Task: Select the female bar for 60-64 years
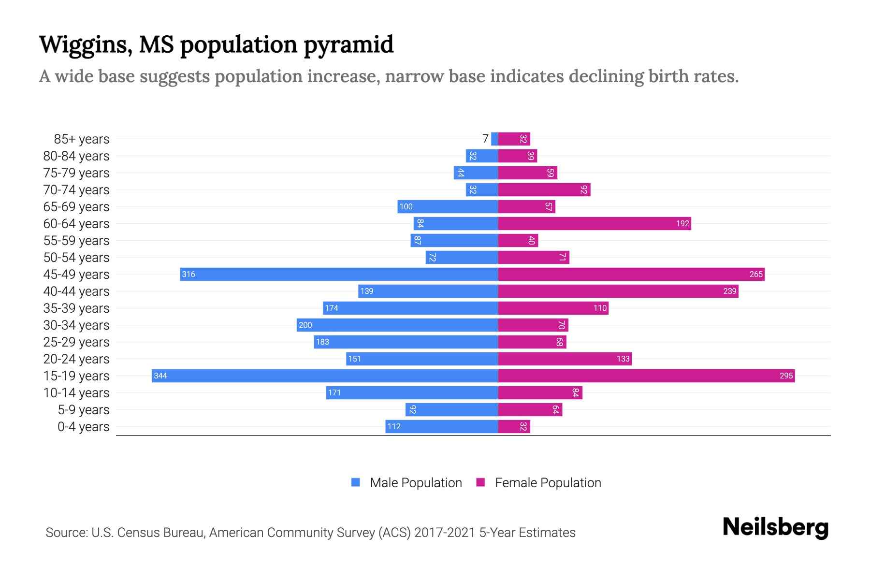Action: (594, 223)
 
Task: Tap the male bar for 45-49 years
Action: (338, 274)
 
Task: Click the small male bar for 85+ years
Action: (494, 139)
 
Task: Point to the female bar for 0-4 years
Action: (514, 426)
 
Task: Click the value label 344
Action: (160, 376)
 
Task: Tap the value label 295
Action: (786, 376)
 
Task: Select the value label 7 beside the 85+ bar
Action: (485, 139)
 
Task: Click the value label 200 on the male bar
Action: (305, 325)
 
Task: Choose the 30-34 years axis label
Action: (76, 325)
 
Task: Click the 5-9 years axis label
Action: (84, 409)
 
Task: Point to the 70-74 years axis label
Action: (76, 189)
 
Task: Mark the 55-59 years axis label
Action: (76, 240)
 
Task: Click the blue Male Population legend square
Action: (356, 482)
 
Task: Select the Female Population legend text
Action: (548, 482)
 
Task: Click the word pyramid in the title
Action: (348, 44)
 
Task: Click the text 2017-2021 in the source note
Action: (445, 532)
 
